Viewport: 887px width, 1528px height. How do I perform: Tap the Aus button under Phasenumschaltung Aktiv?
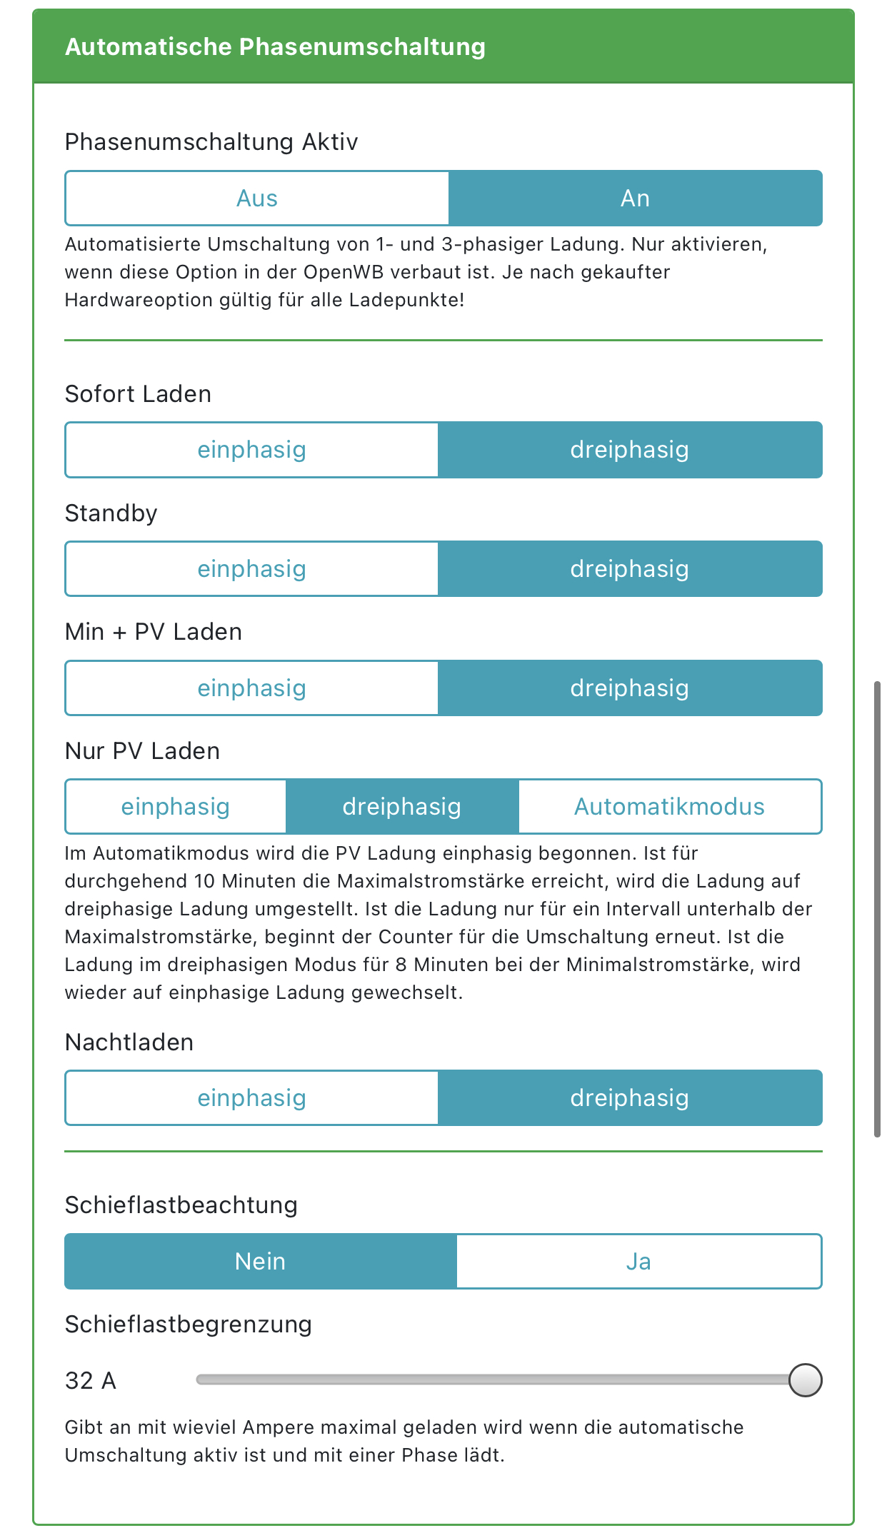tap(257, 198)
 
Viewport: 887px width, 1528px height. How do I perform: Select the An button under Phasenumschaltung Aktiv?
tap(635, 198)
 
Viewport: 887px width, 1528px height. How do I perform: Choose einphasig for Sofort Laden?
tap(251, 450)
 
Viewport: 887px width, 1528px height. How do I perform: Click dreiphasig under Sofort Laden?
tap(629, 450)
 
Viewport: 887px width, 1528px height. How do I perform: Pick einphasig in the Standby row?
tap(251, 569)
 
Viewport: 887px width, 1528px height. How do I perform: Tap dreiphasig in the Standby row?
tap(629, 569)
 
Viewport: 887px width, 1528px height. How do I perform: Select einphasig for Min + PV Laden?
tap(251, 688)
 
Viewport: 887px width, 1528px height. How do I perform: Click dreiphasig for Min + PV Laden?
tap(629, 688)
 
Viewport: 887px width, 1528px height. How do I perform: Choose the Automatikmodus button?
tap(669, 807)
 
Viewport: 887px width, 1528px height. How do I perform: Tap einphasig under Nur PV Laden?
tap(176, 807)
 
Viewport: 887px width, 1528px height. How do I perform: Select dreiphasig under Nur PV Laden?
tap(401, 807)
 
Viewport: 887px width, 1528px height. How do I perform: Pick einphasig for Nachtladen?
tap(251, 1098)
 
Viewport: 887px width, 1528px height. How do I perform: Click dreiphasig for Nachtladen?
tap(629, 1098)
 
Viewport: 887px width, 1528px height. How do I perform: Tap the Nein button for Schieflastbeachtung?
tap(260, 1262)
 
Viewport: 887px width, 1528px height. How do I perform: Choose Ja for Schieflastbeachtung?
tap(638, 1262)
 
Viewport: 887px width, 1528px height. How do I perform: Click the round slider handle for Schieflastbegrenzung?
tap(805, 1379)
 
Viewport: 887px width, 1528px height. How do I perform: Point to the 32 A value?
tap(91, 1381)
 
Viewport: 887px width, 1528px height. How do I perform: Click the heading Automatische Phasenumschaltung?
tap(275, 47)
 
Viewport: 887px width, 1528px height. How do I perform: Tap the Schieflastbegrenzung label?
tap(189, 1325)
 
